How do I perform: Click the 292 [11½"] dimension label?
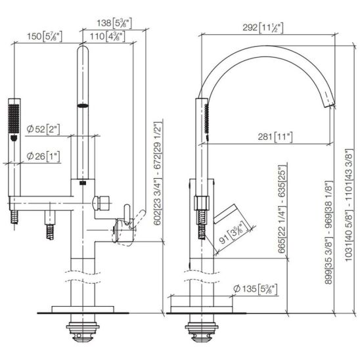tap(263, 28)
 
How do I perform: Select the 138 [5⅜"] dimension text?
tap(114, 23)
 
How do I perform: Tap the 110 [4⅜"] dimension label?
tap(108, 37)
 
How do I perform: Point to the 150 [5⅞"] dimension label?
tap(45, 37)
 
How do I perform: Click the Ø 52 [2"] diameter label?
tap(43, 129)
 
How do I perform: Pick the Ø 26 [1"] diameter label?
tap(43, 156)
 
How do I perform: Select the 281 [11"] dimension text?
tap(275, 137)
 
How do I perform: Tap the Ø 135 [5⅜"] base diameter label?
tap(255, 289)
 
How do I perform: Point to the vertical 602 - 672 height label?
tap(158, 173)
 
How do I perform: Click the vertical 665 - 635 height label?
tap(282, 209)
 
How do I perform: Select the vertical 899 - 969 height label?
tap(328, 233)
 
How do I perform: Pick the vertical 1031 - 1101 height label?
tap(349, 205)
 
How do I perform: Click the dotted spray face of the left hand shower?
tap(14, 118)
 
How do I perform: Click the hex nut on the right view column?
tap(202, 203)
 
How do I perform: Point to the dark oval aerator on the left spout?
tap(83, 106)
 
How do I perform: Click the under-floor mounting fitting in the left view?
tap(83, 330)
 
